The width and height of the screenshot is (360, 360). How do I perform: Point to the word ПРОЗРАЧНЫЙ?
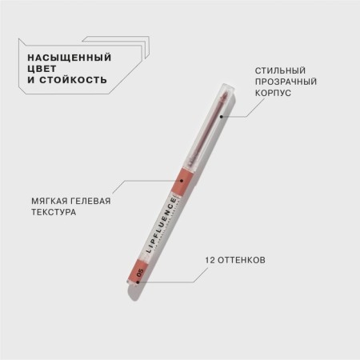[286, 82]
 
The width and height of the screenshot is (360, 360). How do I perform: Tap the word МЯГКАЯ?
[50, 201]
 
